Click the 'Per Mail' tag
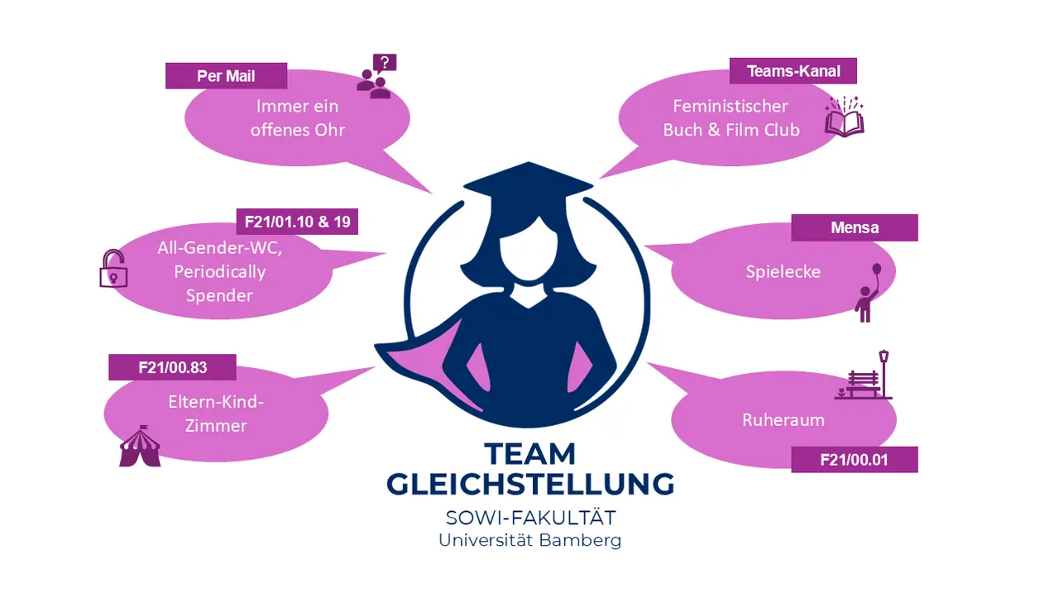tap(226, 76)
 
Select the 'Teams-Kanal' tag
tap(793, 71)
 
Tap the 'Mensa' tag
tap(854, 227)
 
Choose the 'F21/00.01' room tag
tap(854, 460)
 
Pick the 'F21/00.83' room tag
tap(172, 367)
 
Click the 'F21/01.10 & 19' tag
tap(296, 222)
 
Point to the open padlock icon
tap(113, 270)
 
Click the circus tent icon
tap(140, 447)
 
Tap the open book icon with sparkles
tap(845, 117)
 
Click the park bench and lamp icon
tap(865, 375)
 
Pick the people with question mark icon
tap(376, 77)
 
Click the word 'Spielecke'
tap(783, 271)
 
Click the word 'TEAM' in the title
tap(530, 454)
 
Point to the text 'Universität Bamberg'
tap(529, 541)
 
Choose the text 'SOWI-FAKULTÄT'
tap(530, 519)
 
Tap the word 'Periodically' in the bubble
tap(219, 271)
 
